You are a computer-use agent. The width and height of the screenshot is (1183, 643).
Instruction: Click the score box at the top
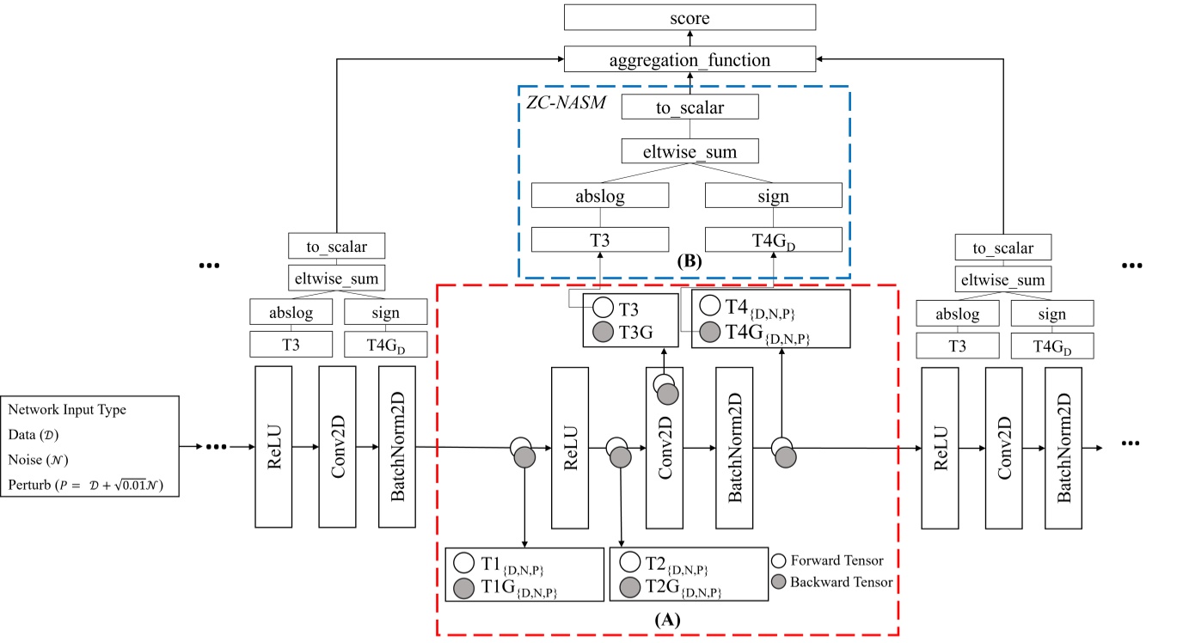pyautogui.click(x=689, y=16)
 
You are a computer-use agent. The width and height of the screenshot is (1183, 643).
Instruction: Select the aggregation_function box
pyautogui.click(x=689, y=59)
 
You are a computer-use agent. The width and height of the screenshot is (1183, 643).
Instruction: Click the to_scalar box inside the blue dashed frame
pyautogui.click(x=690, y=107)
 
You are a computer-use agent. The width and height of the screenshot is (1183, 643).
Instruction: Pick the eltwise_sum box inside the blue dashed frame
pyautogui.click(x=690, y=152)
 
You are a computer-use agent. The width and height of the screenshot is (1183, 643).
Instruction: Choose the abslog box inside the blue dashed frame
pyautogui.click(x=599, y=196)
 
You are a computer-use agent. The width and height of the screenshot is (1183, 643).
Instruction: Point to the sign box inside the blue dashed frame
pyautogui.click(x=774, y=196)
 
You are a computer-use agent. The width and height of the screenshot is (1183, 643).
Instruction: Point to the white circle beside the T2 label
pyautogui.click(x=629, y=563)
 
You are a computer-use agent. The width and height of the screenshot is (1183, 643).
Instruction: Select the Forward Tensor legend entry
pyautogui.click(x=829, y=560)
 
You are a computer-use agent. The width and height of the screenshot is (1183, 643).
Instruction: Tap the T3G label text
pyautogui.click(x=636, y=331)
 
